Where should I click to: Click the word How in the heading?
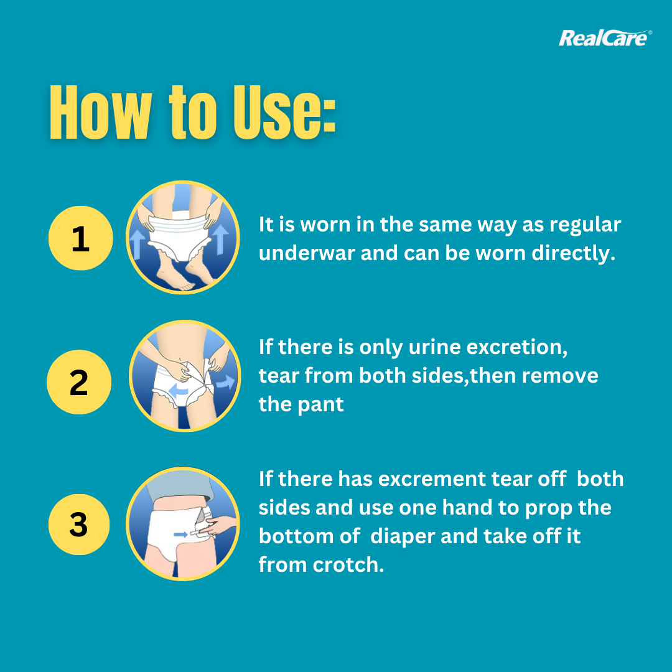(101, 112)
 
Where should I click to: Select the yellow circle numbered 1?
(80, 238)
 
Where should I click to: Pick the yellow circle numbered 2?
(79, 382)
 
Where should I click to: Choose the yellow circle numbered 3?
(79, 524)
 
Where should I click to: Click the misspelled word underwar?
(307, 253)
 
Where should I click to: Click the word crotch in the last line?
(348, 565)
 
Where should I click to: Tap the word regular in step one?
(585, 225)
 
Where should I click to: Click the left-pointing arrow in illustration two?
(179, 390)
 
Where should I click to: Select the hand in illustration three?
(218, 525)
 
